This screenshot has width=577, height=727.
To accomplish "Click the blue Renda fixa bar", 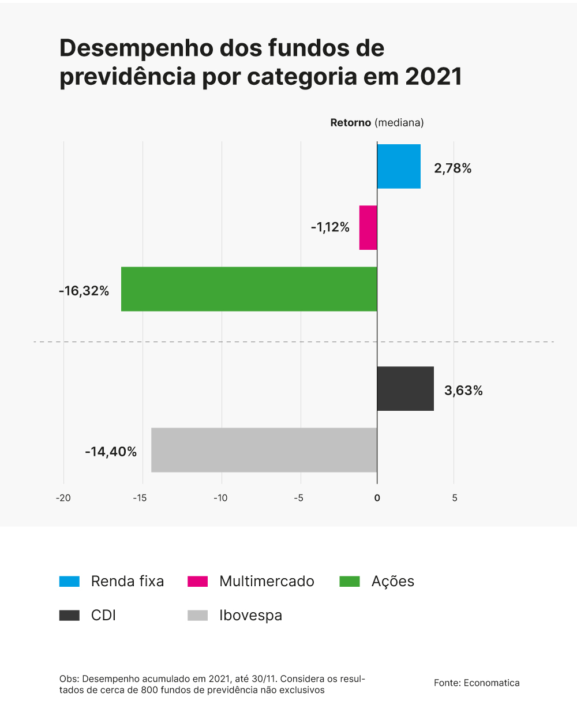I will (399, 166).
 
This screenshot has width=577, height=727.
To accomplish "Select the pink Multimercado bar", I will (368, 227).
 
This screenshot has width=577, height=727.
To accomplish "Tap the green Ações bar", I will (249, 289).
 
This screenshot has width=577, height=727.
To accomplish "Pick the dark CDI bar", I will (405, 388).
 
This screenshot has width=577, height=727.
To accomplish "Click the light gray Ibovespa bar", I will (264, 450).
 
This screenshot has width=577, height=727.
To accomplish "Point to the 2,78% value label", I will (453, 168).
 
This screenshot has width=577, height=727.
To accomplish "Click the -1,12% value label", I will (330, 227).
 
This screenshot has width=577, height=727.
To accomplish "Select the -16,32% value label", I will (84, 291).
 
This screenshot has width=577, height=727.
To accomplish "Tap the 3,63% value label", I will (463, 391).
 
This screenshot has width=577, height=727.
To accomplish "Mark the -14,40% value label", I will (111, 452).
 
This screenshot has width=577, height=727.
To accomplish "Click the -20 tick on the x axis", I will (63, 498).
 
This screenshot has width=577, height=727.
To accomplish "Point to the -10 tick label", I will (220, 498).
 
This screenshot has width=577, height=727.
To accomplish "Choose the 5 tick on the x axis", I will (455, 498).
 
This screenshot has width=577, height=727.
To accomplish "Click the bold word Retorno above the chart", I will (350, 123).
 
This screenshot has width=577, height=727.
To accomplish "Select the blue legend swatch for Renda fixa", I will (69, 582).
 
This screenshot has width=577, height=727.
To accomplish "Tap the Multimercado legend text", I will (267, 582).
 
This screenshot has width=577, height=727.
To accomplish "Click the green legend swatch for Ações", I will (350, 582).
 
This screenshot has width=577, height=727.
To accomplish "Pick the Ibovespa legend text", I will (250, 616).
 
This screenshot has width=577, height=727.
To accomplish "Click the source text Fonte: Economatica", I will (477, 683).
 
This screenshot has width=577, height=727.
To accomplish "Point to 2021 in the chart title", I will (433, 77).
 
